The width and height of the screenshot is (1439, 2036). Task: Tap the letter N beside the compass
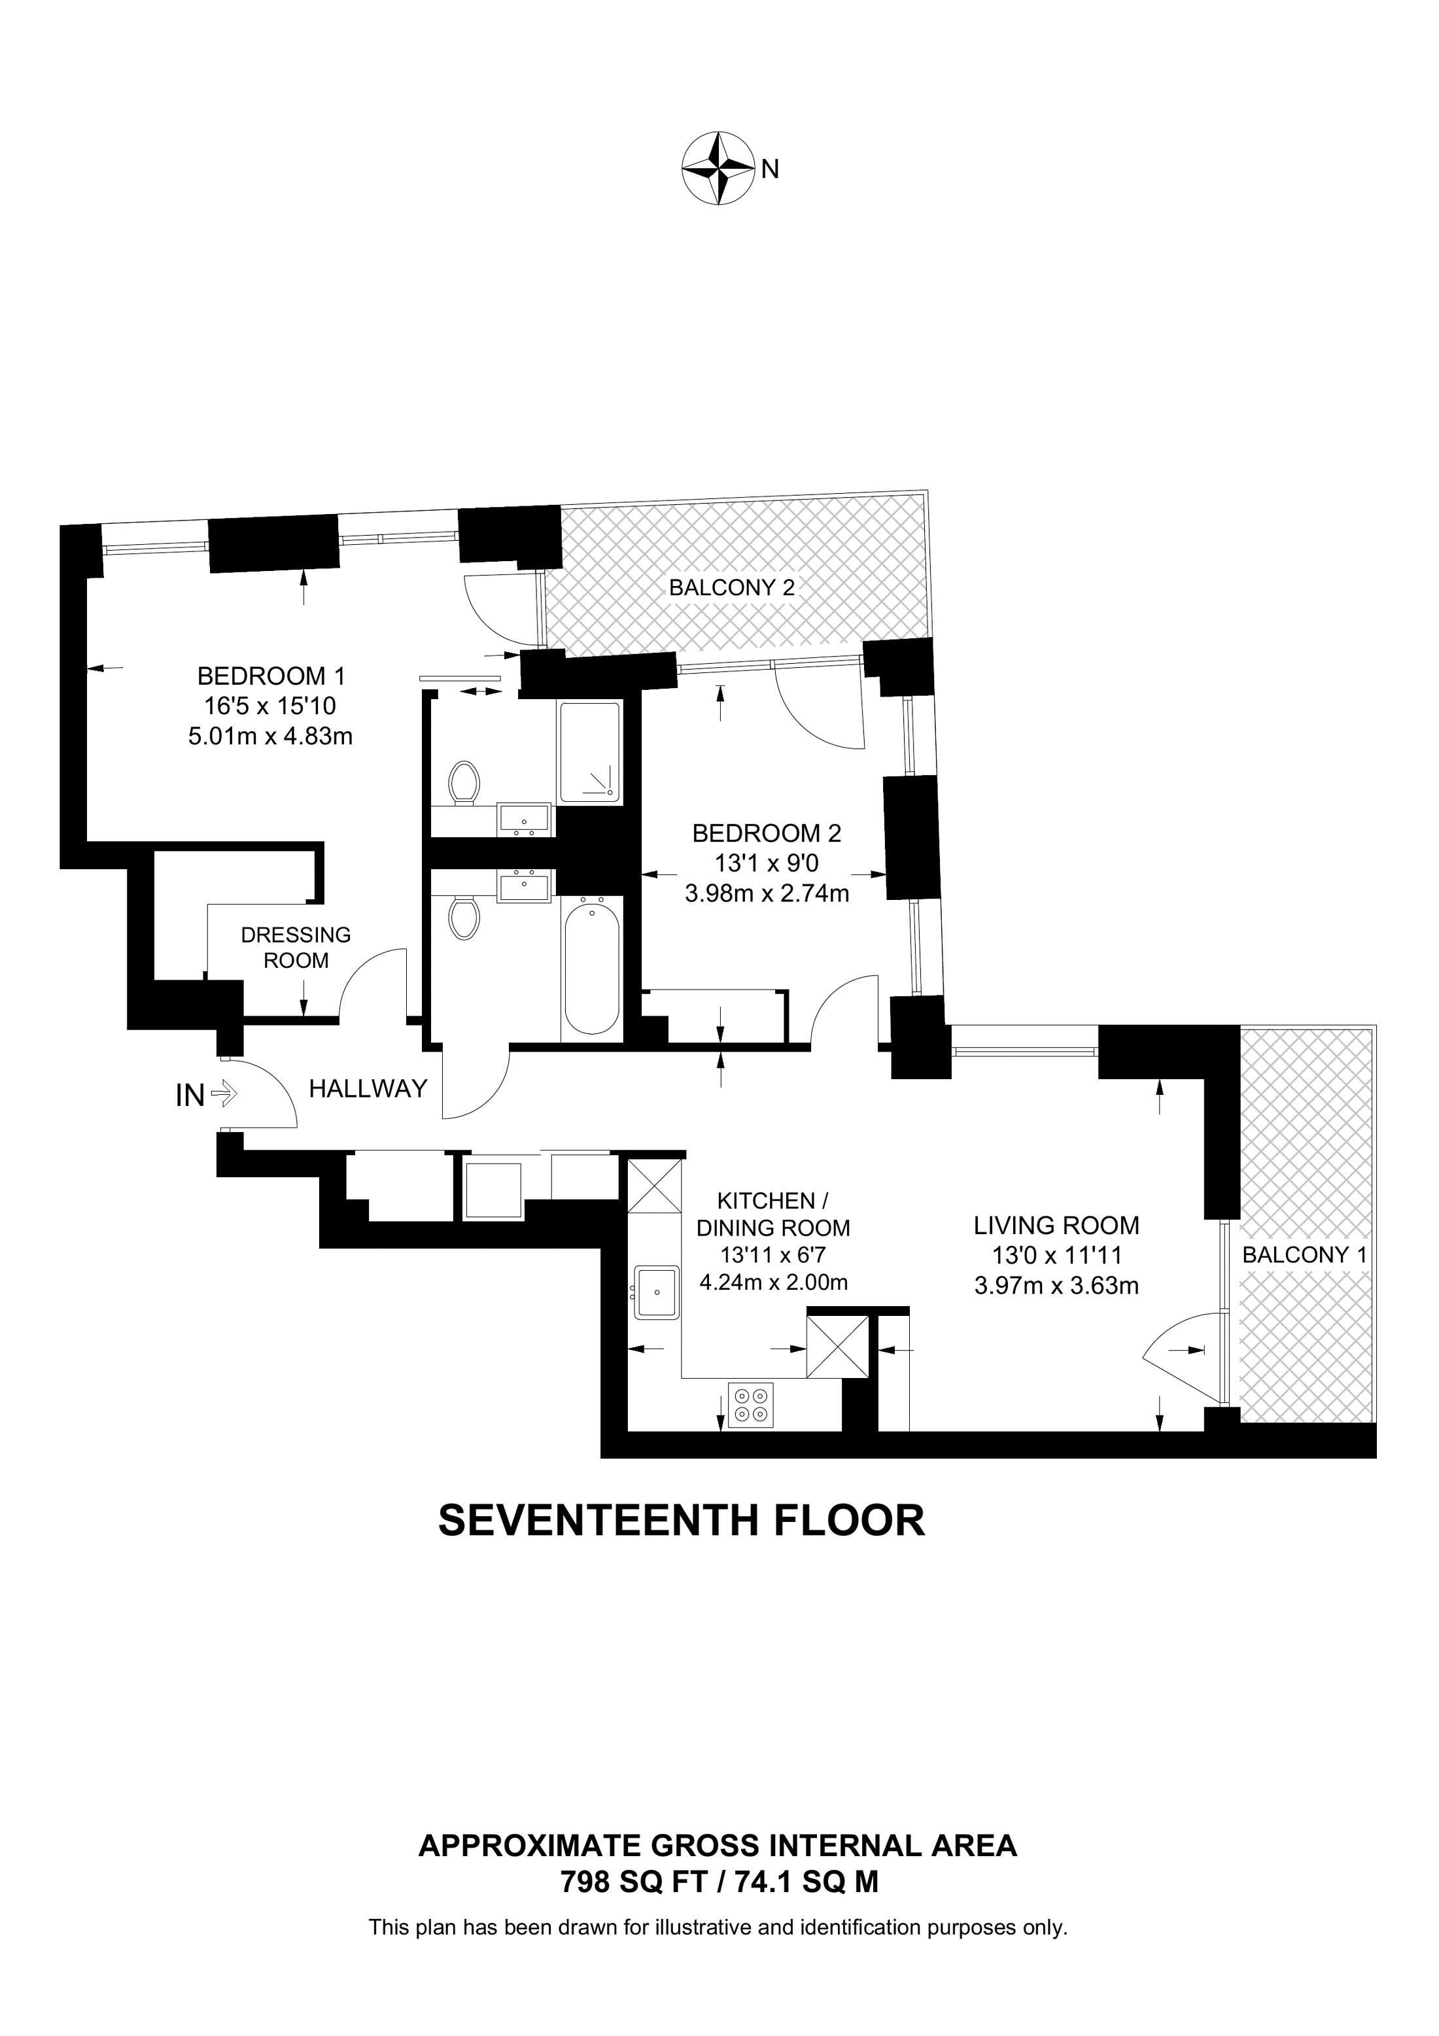[x=770, y=169]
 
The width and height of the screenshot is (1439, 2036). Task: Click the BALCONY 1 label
[x=1304, y=1255]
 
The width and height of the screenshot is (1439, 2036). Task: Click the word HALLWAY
[x=368, y=1088]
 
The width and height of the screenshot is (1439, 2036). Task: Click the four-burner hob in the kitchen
[x=750, y=1406]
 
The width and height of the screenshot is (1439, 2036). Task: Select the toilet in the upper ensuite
[x=464, y=782]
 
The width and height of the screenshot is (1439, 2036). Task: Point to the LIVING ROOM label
[x=1056, y=1226]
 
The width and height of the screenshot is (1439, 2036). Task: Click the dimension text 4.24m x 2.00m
[x=773, y=1283]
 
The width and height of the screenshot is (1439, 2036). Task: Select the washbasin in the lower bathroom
[x=524, y=885]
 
